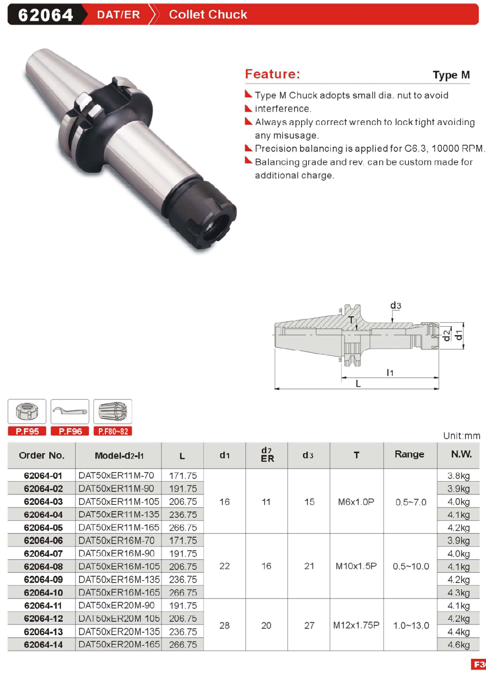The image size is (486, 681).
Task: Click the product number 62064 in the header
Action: (x=45, y=14)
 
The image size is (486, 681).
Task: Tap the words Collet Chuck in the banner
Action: (x=208, y=14)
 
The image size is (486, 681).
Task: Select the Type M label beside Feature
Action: (x=451, y=75)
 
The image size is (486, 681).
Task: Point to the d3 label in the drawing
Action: (x=396, y=305)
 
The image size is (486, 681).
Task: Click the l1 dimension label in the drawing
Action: (x=390, y=373)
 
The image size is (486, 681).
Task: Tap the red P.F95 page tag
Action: (x=27, y=431)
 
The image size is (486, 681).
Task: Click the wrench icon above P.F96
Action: (x=70, y=411)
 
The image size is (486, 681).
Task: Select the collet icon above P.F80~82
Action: (x=113, y=411)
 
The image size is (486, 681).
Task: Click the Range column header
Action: (x=409, y=454)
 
